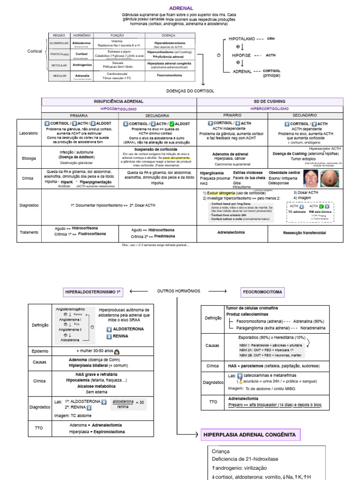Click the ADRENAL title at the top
180,8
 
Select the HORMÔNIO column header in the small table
82,36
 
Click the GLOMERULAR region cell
59,43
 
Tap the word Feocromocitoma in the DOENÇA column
169,75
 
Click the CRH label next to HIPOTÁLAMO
271,38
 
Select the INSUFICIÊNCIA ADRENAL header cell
119,101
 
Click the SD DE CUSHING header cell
266,101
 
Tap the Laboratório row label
29,133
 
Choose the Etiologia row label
29,158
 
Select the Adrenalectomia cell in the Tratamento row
232,232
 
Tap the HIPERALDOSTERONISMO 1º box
93,292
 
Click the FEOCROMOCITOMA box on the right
262,292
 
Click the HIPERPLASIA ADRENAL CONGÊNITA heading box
250,435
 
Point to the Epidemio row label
40,350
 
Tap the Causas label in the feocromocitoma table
212,345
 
